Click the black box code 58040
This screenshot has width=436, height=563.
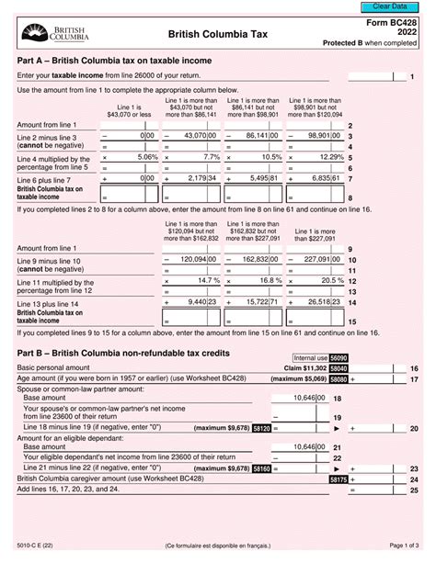coord(338,367)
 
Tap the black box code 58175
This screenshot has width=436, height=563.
coord(338,479)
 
